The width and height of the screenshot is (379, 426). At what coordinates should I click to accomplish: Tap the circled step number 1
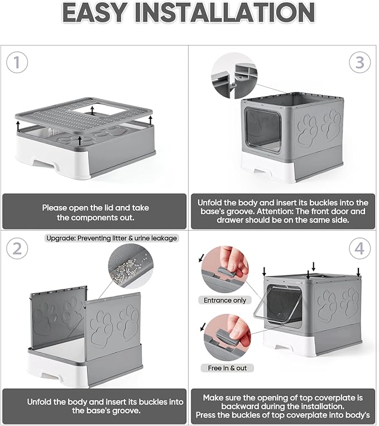click(x=17, y=63)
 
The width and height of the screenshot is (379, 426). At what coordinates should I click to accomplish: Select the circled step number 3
click(x=359, y=63)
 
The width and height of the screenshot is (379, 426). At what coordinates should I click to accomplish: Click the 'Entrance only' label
click(x=225, y=300)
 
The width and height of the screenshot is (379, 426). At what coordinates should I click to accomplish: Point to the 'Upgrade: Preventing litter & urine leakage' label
click(x=112, y=238)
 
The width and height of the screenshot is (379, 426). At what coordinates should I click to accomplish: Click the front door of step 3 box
click(x=262, y=127)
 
